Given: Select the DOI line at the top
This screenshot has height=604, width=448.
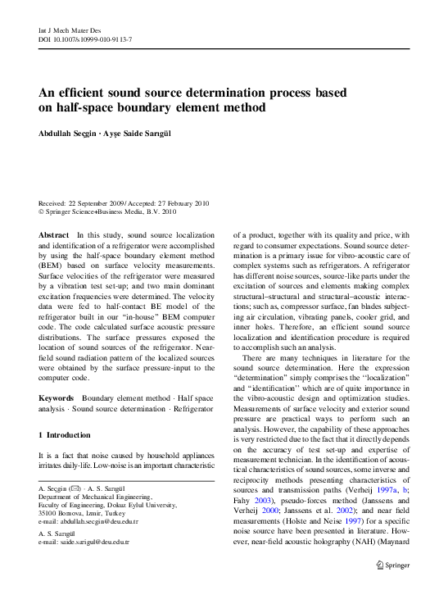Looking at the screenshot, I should pos(85,39).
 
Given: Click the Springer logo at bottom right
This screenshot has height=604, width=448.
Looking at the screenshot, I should pos(392,564).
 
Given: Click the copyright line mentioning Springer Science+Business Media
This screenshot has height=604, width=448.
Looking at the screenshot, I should pos(107,211).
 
